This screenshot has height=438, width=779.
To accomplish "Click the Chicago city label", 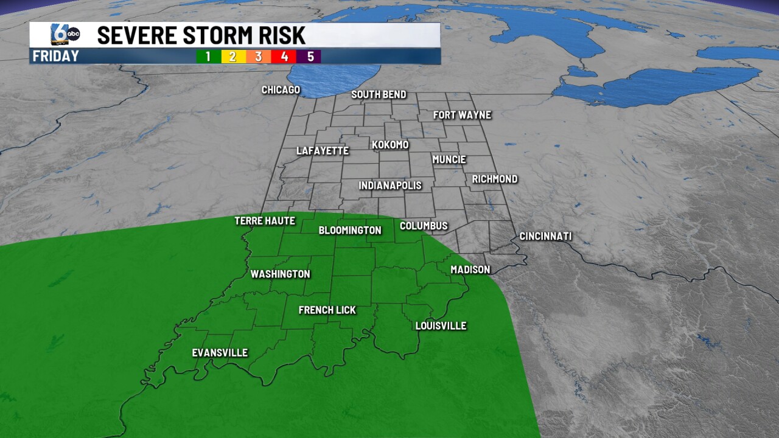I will coord(281,90).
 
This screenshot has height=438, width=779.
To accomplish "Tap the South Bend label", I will coord(379,95).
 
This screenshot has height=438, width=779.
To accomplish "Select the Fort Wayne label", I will coord(462,115).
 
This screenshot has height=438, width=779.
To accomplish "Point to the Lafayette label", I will coord(323,151).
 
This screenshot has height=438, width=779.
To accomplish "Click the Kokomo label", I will coord(390,145).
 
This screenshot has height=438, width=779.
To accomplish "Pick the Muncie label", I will coord(449,159).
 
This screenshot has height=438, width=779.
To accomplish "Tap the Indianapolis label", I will coord(390,186).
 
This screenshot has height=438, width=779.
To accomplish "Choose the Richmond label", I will coord(495,179).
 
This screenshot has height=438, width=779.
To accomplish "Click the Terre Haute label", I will coord(265,221).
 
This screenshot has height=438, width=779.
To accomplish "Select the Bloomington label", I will coord(350,231).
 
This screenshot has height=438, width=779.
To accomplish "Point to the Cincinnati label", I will coord(545,236).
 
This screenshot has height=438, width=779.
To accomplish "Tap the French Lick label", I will coord(327,310).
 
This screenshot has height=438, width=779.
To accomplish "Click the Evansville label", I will coord(220,353).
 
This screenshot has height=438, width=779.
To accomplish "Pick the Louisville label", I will coord(441,326).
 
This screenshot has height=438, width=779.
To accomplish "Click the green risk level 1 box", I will coord(208,57).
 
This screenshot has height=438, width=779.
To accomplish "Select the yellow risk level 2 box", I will coord(233,57).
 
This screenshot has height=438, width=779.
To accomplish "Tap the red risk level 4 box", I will coord(284,57).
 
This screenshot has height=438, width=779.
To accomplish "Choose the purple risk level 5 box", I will coord(310,57).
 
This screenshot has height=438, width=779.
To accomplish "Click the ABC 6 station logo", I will coord(65,35).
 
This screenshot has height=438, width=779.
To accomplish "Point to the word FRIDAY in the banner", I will coord(56,57).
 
